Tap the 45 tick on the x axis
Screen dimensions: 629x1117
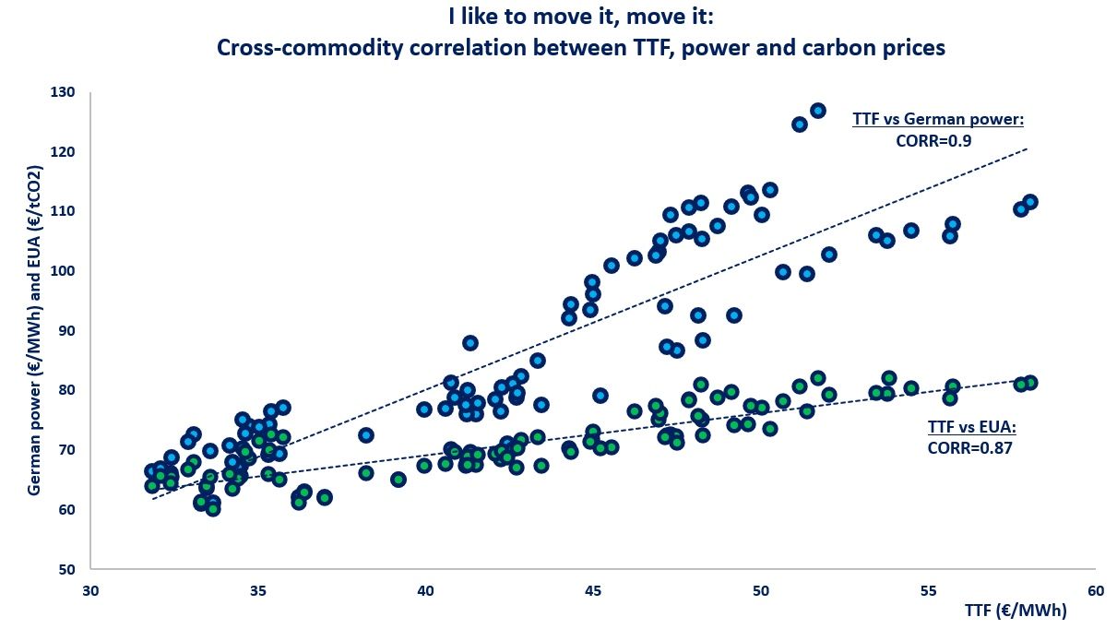tap(593, 589)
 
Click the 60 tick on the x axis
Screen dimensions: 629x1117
tap(1095, 589)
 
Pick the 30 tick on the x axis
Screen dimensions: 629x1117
tap(90, 589)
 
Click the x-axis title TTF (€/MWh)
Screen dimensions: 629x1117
tap(1016, 611)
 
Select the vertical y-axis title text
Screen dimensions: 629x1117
tap(34, 330)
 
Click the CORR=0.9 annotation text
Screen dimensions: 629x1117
tap(934, 141)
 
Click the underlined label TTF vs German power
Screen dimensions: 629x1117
tap(937, 119)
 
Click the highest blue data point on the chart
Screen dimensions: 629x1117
tap(817, 111)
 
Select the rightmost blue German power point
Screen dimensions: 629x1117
tap(1030, 202)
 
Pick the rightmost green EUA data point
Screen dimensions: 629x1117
tap(1030, 382)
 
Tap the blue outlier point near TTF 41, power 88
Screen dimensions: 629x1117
tap(470, 343)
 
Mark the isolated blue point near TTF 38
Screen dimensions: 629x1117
tap(366, 434)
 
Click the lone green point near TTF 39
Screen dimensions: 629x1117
tap(398, 480)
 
